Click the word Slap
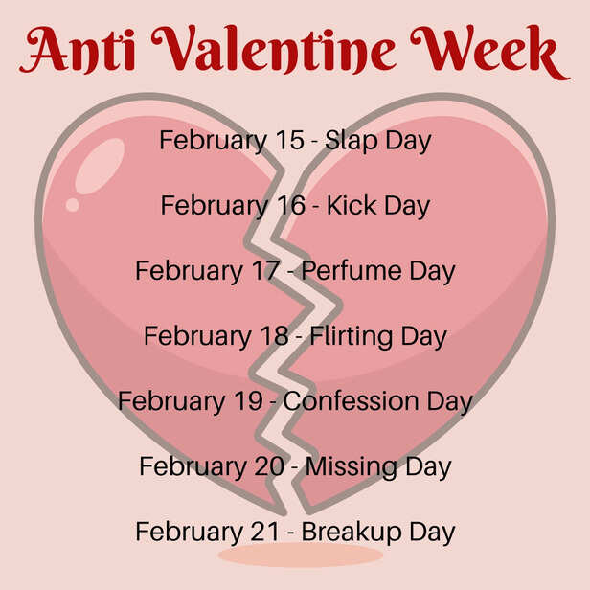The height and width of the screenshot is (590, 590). click(352, 141)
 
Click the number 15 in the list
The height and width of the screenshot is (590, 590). click(288, 140)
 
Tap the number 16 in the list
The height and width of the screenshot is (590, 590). click(288, 205)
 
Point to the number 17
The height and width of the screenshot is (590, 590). click(263, 270)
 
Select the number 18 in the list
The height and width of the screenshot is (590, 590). click(273, 336)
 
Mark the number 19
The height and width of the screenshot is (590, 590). click(247, 401)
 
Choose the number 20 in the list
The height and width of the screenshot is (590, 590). click(267, 466)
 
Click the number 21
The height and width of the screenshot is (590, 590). click(263, 532)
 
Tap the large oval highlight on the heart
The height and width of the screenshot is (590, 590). click(99, 166)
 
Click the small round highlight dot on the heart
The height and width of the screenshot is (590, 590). click(72, 204)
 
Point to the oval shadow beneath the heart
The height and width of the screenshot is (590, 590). click(286, 555)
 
